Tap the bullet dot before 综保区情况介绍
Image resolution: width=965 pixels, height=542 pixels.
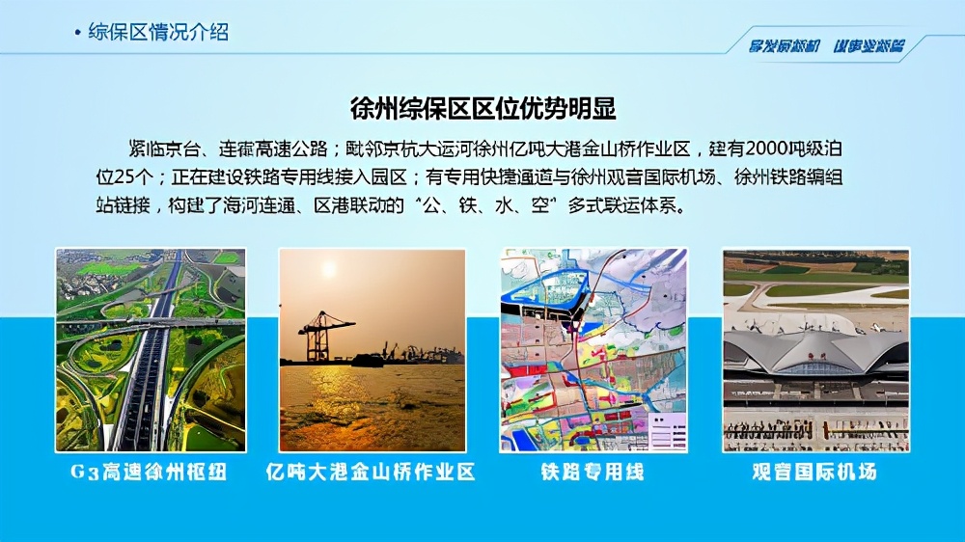(x=77, y=34)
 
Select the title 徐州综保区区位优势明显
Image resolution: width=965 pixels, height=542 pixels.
(x=482, y=107)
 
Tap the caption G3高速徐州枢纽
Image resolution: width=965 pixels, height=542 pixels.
(x=150, y=473)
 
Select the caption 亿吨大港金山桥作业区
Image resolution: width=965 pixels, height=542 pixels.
(x=372, y=473)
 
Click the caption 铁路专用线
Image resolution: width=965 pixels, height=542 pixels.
(x=593, y=473)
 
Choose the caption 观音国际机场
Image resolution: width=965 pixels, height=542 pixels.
(x=815, y=473)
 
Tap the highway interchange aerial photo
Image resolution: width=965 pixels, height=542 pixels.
(x=150, y=350)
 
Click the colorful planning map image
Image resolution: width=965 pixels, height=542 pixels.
(x=593, y=350)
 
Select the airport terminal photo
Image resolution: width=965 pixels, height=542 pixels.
(x=815, y=350)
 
